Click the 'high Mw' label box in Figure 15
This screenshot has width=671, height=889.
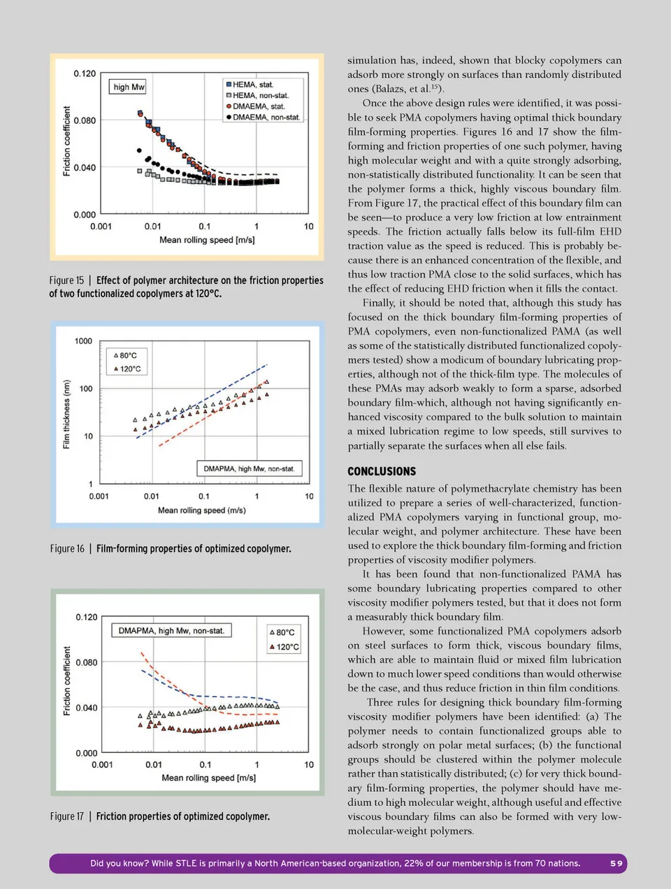(129, 87)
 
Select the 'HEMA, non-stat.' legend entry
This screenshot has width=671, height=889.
(260, 95)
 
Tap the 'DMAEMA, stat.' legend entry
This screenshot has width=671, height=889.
(258, 106)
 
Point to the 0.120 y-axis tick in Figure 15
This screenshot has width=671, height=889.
(85, 73)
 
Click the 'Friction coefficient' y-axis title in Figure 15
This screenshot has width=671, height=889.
(67, 141)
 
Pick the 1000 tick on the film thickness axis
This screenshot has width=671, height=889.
(83, 341)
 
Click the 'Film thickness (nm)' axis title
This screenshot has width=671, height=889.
(66, 414)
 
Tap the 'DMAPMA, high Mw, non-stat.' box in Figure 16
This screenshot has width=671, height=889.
(249, 469)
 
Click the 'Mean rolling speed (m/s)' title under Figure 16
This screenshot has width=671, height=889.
(201, 511)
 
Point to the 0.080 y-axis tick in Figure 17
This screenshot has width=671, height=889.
(87, 662)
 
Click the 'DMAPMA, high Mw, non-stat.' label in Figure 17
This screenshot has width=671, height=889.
(171, 631)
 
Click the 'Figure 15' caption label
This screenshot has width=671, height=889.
(66, 280)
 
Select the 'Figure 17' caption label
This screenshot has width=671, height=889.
(67, 816)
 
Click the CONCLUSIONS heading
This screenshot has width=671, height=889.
(382, 471)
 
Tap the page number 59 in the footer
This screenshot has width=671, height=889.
(616, 863)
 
